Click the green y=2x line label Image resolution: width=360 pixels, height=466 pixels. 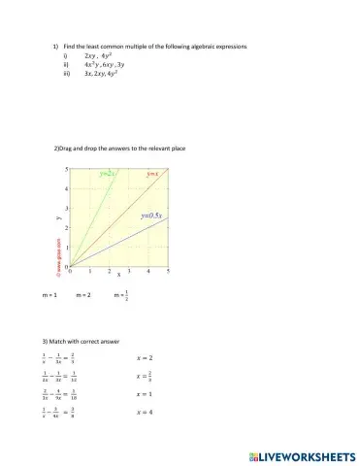[x=108, y=174]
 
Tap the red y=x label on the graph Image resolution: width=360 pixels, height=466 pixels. [x=151, y=174]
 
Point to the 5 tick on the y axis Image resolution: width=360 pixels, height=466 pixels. [x=66, y=168]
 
